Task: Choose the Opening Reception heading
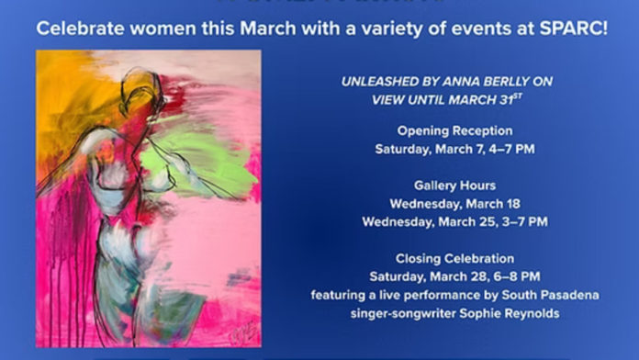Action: coord(454,130)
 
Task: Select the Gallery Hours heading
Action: coord(454,185)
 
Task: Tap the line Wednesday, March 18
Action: coord(454,203)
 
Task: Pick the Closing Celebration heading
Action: coord(454,258)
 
